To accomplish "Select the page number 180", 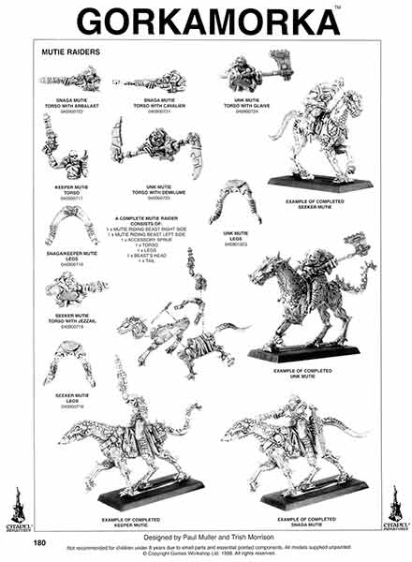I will click(39, 541).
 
